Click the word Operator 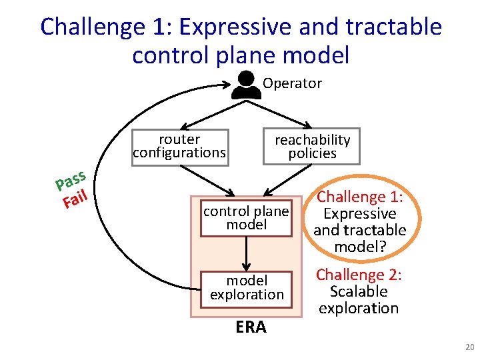click(x=292, y=83)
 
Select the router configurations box click(x=179, y=146)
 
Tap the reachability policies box click(x=312, y=146)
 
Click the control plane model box click(x=246, y=218)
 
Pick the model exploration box click(x=247, y=288)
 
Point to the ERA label click(x=251, y=327)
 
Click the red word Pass click(x=71, y=179)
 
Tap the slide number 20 click(x=469, y=347)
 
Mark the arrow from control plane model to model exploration click(x=247, y=252)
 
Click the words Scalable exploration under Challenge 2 click(x=358, y=300)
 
